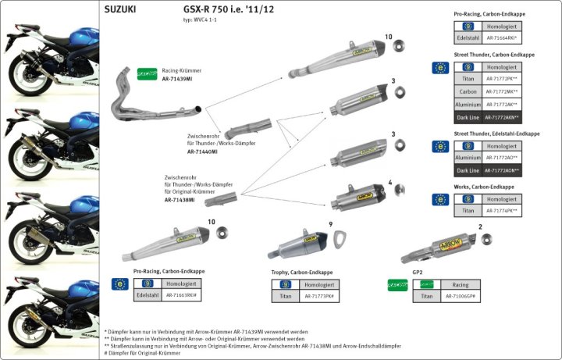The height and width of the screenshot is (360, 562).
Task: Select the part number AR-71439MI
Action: pyautogui.click(x=178, y=80)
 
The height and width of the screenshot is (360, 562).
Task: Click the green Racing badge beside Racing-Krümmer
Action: pyautogui.click(x=147, y=73)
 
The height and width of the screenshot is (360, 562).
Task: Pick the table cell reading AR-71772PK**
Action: pyautogui.click(x=502, y=79)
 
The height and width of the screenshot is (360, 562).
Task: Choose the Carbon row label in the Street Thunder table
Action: pyautogui.click(x=468, y=91)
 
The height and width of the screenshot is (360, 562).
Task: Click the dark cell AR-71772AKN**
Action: pyautogui.click(x=502, y=116)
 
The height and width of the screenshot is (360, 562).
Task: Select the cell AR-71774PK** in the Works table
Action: pyautogui.click(x=502, y=211)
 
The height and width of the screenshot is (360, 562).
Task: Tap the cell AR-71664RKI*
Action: pyautogui.click(x=502, y=37)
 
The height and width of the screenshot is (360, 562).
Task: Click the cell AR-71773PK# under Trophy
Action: pyautogui.click(x=319, y=297)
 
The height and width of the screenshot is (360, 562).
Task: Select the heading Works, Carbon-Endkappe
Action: pyautogui.click(x=484, y=187)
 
